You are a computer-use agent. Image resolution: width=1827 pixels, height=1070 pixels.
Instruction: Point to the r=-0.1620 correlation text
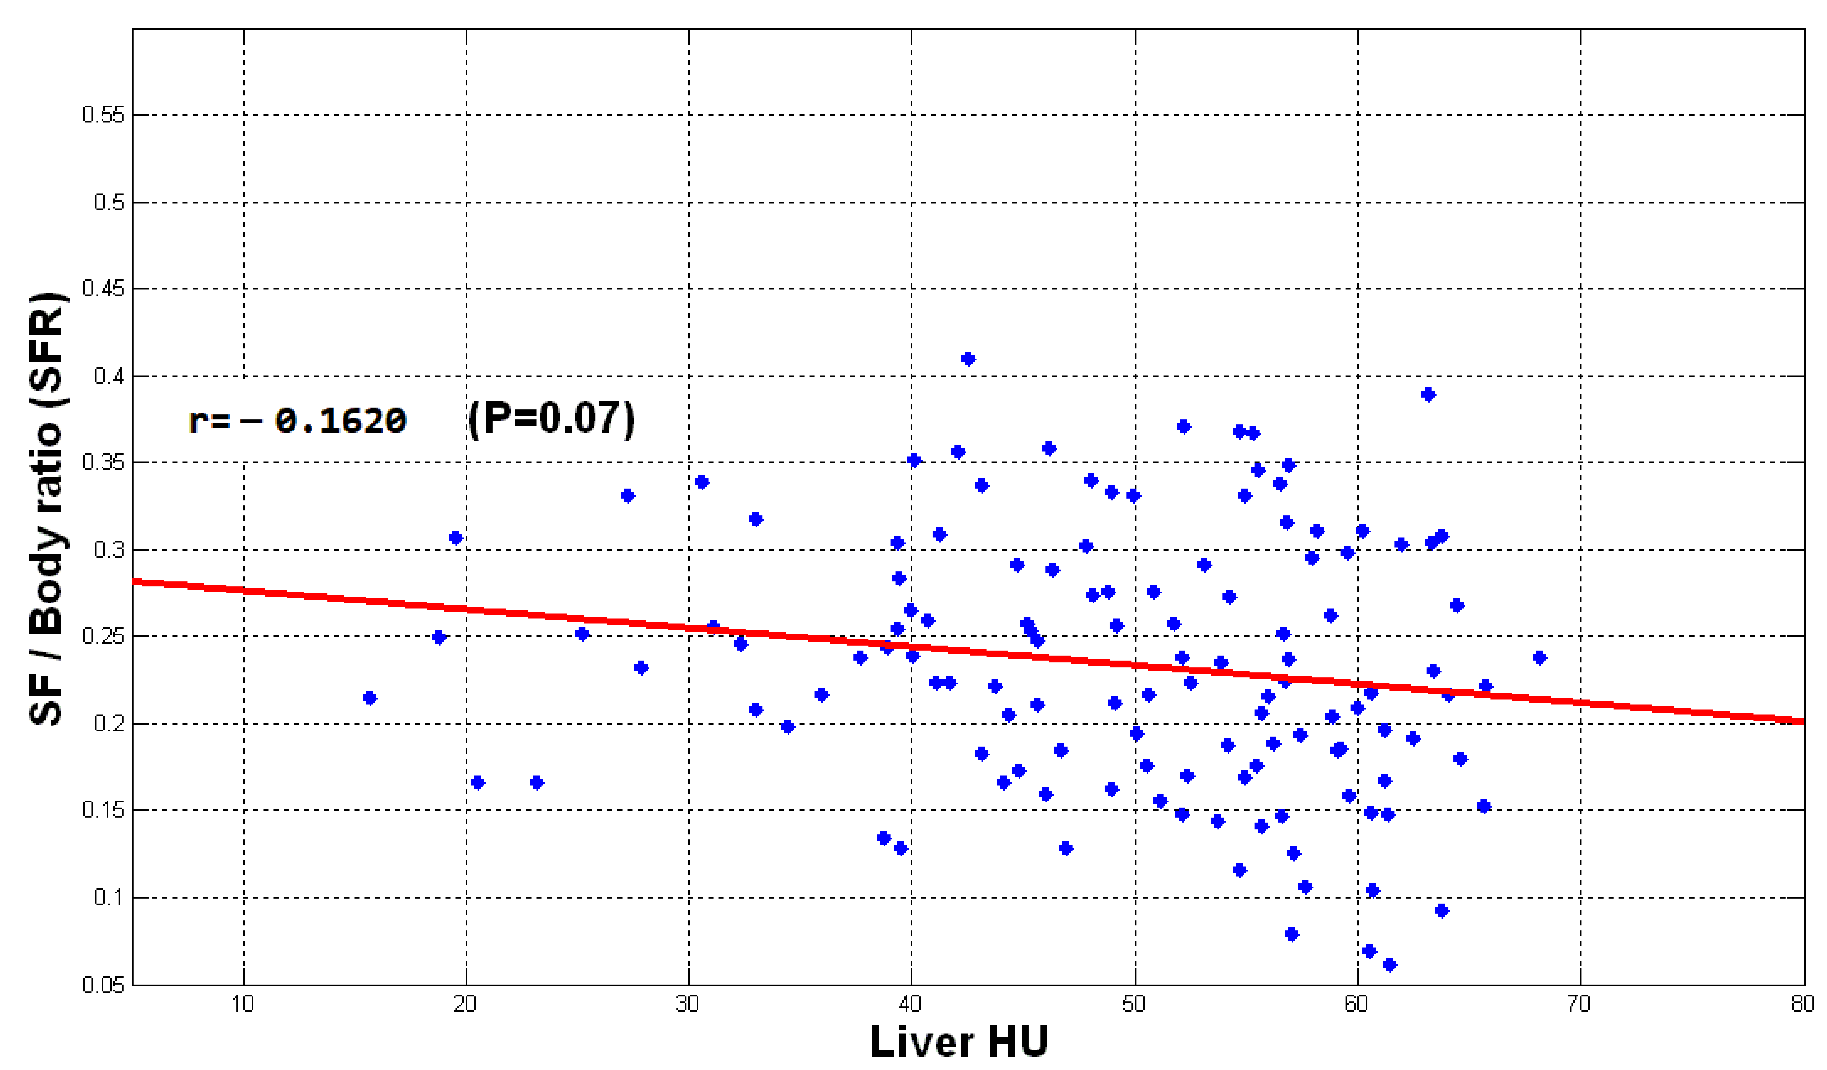[x=297, y=420]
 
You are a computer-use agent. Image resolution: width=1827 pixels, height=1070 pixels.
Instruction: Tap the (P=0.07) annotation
[x=551, y=418]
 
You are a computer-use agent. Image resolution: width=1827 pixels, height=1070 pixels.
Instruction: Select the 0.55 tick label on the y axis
[x=103, y=114]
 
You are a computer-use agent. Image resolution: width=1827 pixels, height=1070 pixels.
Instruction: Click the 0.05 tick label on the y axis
[x=103, y=984]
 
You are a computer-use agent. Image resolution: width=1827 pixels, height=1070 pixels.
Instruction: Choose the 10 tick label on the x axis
[x=243, y=1004]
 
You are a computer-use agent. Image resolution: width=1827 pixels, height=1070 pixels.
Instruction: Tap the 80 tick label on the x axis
[x=1802, y=1004]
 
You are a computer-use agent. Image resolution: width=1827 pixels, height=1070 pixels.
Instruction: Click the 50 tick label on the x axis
[x=1134, y=1004]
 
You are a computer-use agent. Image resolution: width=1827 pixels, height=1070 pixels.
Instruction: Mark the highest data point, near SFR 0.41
[x=968, y=359]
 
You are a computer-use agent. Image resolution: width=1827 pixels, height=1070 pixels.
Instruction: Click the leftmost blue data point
[x=370, y=698]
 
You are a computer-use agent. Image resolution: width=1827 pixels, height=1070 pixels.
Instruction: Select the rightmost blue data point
[x=1539, y=657]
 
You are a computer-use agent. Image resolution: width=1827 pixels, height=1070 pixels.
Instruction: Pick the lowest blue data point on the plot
[x=1389, y=964]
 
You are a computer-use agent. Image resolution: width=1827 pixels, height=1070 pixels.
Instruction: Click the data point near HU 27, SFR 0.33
[x=628, y=496]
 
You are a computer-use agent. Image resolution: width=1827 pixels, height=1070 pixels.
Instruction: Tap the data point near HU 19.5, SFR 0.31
[x=455, y=537]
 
